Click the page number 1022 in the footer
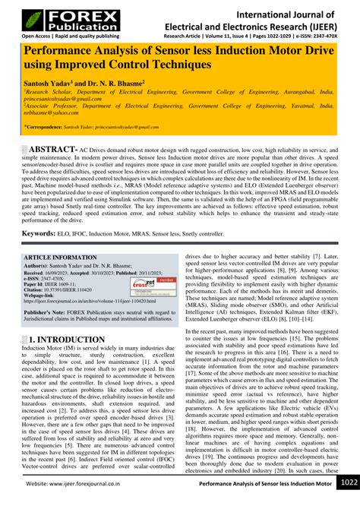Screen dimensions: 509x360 [x=349, y=502]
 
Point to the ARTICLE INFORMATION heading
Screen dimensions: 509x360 [x=62, y=258]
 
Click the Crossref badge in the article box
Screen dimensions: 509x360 [x=144, y=285]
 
